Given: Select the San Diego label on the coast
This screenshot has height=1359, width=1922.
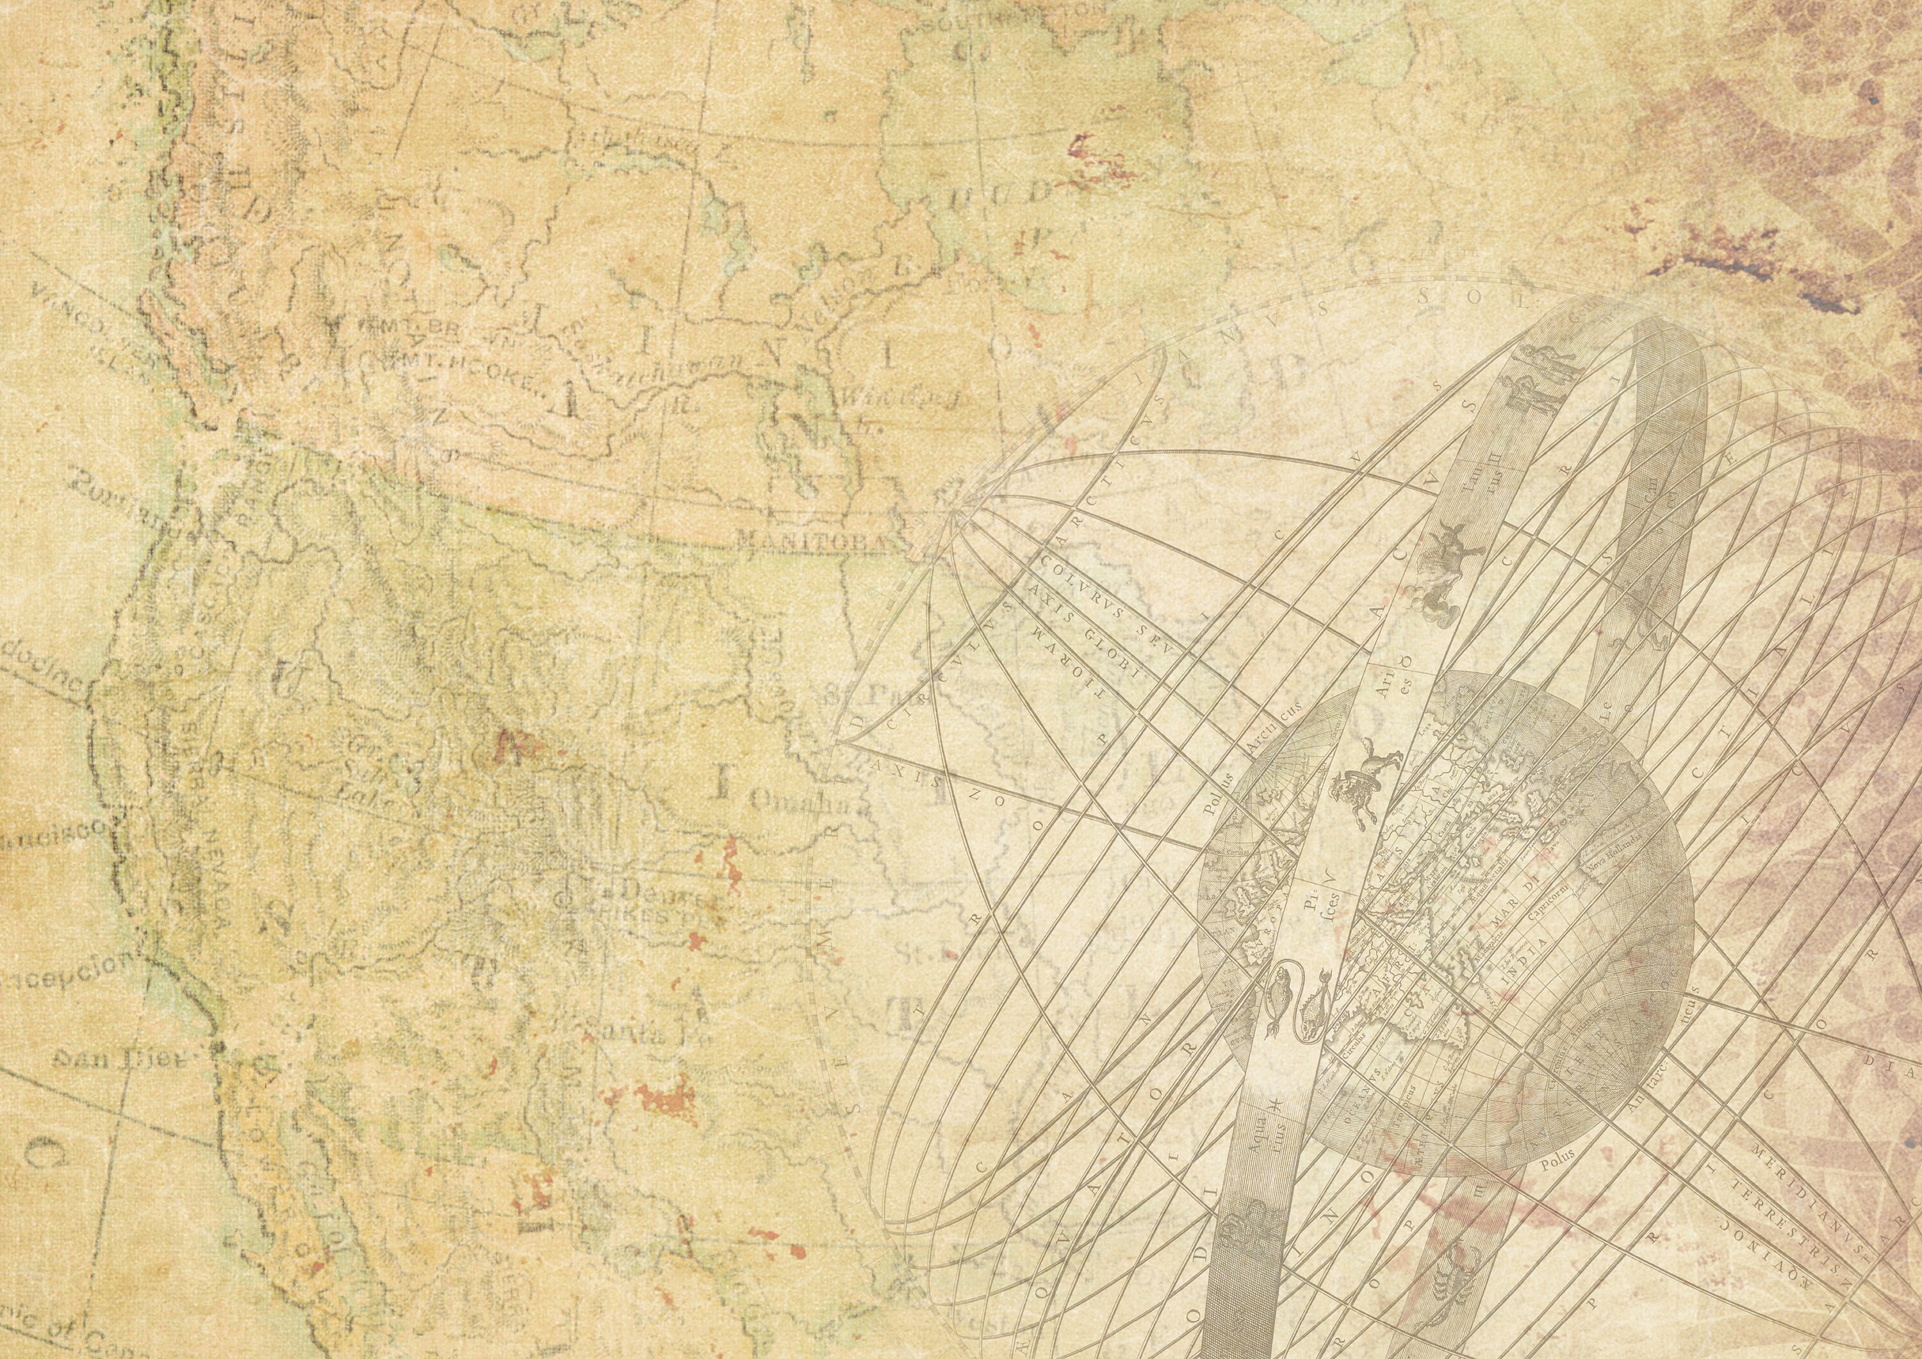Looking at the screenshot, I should pyautogui.click(x=117, y=1060).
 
